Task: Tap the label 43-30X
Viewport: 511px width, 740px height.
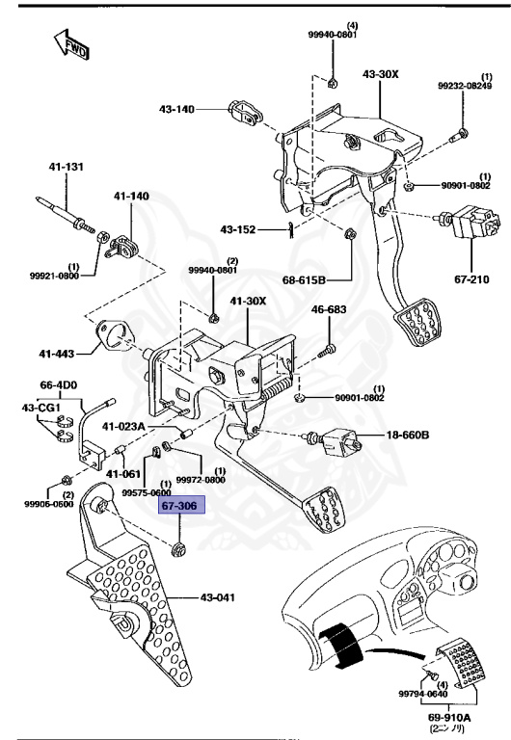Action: tap(382, 74)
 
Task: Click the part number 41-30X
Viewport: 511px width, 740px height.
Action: tap(249, 302)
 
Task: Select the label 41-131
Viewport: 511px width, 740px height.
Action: tap(67, 168)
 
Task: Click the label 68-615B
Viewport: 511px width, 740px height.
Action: tap(305, 280)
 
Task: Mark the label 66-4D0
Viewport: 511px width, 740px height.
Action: tap(58, 385)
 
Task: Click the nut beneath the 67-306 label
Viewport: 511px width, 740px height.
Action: tap(178, 550)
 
